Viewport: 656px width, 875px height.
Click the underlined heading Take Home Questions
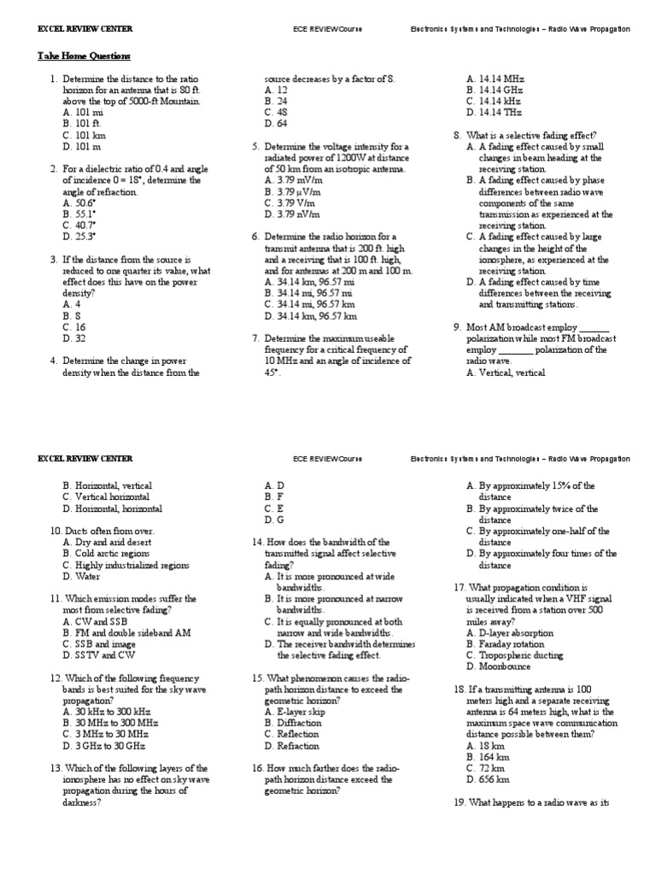pyautogui.click(x=84, y=56)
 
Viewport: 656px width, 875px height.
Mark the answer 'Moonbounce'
pyautogui.click(x=506, y=666)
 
